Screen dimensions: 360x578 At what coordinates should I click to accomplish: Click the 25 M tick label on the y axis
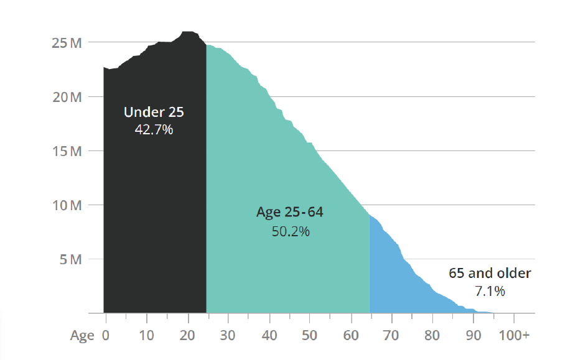[66, 43]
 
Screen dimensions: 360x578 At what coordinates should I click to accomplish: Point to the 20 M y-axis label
[66, 97]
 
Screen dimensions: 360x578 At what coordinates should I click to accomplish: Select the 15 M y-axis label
[66, 151]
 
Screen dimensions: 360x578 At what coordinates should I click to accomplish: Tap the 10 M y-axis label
[66, 205]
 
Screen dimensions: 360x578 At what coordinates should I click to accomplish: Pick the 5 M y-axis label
[70, 259]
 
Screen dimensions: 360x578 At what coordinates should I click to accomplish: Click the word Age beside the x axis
[82, 336]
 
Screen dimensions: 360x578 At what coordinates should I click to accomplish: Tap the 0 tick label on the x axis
[106, 335]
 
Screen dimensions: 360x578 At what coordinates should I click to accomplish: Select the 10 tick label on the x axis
[147, 335]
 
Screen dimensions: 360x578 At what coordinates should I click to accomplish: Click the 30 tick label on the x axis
[228, 335]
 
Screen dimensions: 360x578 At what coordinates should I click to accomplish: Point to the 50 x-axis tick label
[310, 335]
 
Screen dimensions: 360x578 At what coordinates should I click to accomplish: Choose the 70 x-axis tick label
[391, 335]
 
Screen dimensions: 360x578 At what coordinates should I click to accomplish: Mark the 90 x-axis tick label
[473, 335]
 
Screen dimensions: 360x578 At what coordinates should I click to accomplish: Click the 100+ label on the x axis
[514, 335]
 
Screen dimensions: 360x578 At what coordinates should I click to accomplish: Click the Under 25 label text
[154, 113]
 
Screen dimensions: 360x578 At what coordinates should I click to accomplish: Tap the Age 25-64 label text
[290, 213]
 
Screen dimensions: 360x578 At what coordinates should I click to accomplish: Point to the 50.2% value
[291, 231]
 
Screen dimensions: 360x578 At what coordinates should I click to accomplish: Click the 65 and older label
[490, 273]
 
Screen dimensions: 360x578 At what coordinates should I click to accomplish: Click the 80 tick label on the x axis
[432, 335]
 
